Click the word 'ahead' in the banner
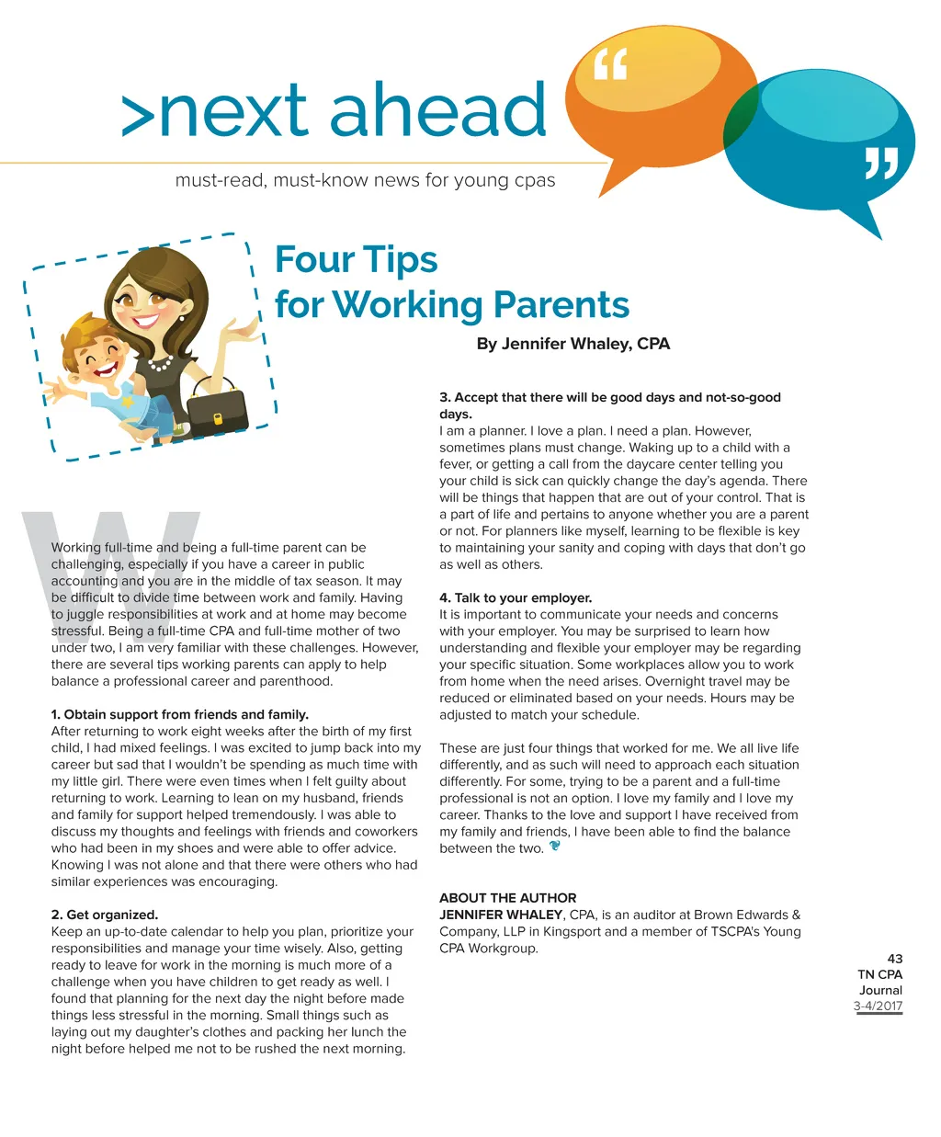pyautogui.click(x=437, y=110)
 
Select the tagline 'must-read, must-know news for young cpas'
pyautogui.click(x=365, y=180)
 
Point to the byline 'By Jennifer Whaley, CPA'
pyautogui.click(x=573, y=344)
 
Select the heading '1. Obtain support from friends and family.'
pyautogui.click(x=180, y=714)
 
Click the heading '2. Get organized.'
pyautogui.click(x=105, y=915)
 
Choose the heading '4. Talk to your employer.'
pyautogui.click(x=516, y=597)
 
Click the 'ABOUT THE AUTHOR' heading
pyautogui.click(x=508, y=898)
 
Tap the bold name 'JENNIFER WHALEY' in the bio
pyautogui.click(x=501, y=915)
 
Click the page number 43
pyautogui.click(x=895, y=958)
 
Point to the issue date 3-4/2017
pyautogui.click(x=878, y=1006)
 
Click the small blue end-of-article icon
pyautogui.click(x=555, y=847)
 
